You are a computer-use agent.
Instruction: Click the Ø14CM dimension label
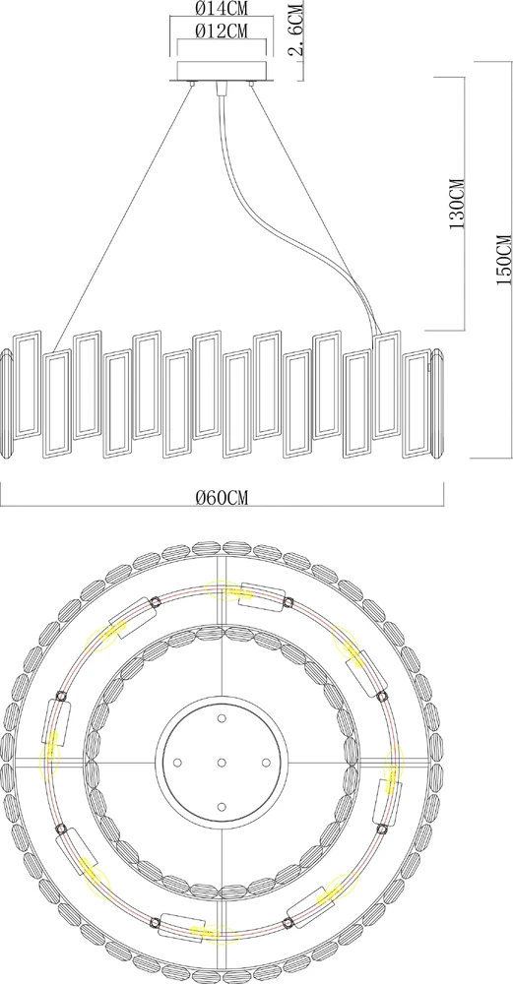(x=222, y=9)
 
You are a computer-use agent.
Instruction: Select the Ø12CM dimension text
(x=222, y=31)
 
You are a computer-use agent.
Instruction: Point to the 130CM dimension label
(x=457, y=204)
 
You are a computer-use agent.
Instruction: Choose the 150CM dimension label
(x=503, y=261)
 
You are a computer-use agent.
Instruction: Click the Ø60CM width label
(x=222, y=498)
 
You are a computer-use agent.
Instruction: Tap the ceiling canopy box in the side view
(x=222, y=70)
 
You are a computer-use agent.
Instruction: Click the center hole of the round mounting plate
(x=221, y=763)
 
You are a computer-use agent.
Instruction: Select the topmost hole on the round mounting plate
(x=221, y=718)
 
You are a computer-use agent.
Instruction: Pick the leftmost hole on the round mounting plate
(x=177, y=763)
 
